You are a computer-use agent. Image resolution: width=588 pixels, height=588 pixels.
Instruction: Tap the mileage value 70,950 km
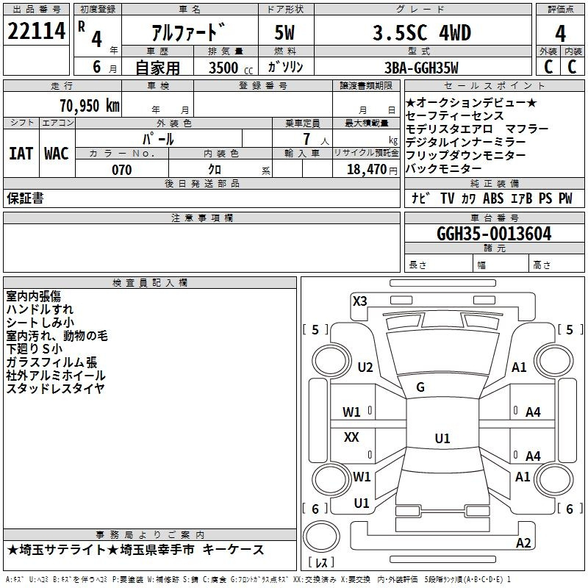pyautogui.click(x=87, y=106)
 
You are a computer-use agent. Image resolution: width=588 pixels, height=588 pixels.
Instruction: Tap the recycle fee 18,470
pyautogui.click(x=366, y=170)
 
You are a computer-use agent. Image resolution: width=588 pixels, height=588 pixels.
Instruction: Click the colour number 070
pyautogui.click(x=121, y=170)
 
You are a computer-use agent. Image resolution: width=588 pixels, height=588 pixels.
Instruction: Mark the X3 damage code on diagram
pyautogui.click(x=359, y=301)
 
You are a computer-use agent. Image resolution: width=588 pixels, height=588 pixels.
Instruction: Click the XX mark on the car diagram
pyautogui.click(x=352, y=437)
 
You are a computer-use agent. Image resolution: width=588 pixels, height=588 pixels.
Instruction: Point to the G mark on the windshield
pyautogui.click(x=420, y=387)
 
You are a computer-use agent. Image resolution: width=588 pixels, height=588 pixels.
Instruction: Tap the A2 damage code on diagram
pyautogui.click(x=523, y=542)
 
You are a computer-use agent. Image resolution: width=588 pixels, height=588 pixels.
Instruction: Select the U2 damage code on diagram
pyautogui.click(x=365, y=367)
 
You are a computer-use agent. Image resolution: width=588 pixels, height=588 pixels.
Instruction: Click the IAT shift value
pyautogui.click(x=21, y=154)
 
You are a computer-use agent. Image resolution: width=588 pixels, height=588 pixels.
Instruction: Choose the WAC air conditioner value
pyautogui.click(x=56, y=154)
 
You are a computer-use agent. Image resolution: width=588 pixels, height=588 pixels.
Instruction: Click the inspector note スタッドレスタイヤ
pyautogui.click(x=55, y=389)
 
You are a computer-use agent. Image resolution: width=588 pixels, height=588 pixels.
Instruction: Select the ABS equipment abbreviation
pyautogui.click(x=493, y=198)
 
